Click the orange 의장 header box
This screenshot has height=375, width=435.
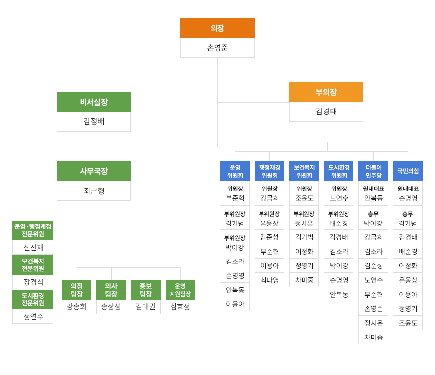(x=217, y=28)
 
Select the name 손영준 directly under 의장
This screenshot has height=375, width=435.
(x=217, y=48)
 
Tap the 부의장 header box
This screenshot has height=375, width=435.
(x=326, y=92)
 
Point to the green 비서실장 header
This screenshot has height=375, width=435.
(x=93, y=102)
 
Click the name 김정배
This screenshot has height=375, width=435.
(x=93, y=121)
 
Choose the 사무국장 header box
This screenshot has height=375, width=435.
(x=93, y=171)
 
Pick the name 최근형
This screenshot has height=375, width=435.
(x=93, y=191)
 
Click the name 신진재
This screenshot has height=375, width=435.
(x=33, y=247)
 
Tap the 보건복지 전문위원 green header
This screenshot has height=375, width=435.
(x=33, y=265)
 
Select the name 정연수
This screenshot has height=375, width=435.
(x=33, y=316)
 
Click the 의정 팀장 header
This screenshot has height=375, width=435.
(x=76, y=290)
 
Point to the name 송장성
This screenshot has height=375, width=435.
(x=111, y=306)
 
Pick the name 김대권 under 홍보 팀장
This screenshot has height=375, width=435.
(x=145, y=306)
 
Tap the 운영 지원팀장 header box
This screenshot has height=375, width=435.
(x=180, y=290)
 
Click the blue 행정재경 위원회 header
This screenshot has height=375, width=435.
(x=269, y=171)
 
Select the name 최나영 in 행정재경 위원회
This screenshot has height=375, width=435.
(x=269, y=280)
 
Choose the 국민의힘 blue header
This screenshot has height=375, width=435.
(x=407, y=171)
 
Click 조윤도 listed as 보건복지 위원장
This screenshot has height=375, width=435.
(x=304, y=198)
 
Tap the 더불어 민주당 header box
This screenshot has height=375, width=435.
(x=373, y=171)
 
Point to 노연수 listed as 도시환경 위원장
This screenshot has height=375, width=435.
(x=338, y=198)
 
